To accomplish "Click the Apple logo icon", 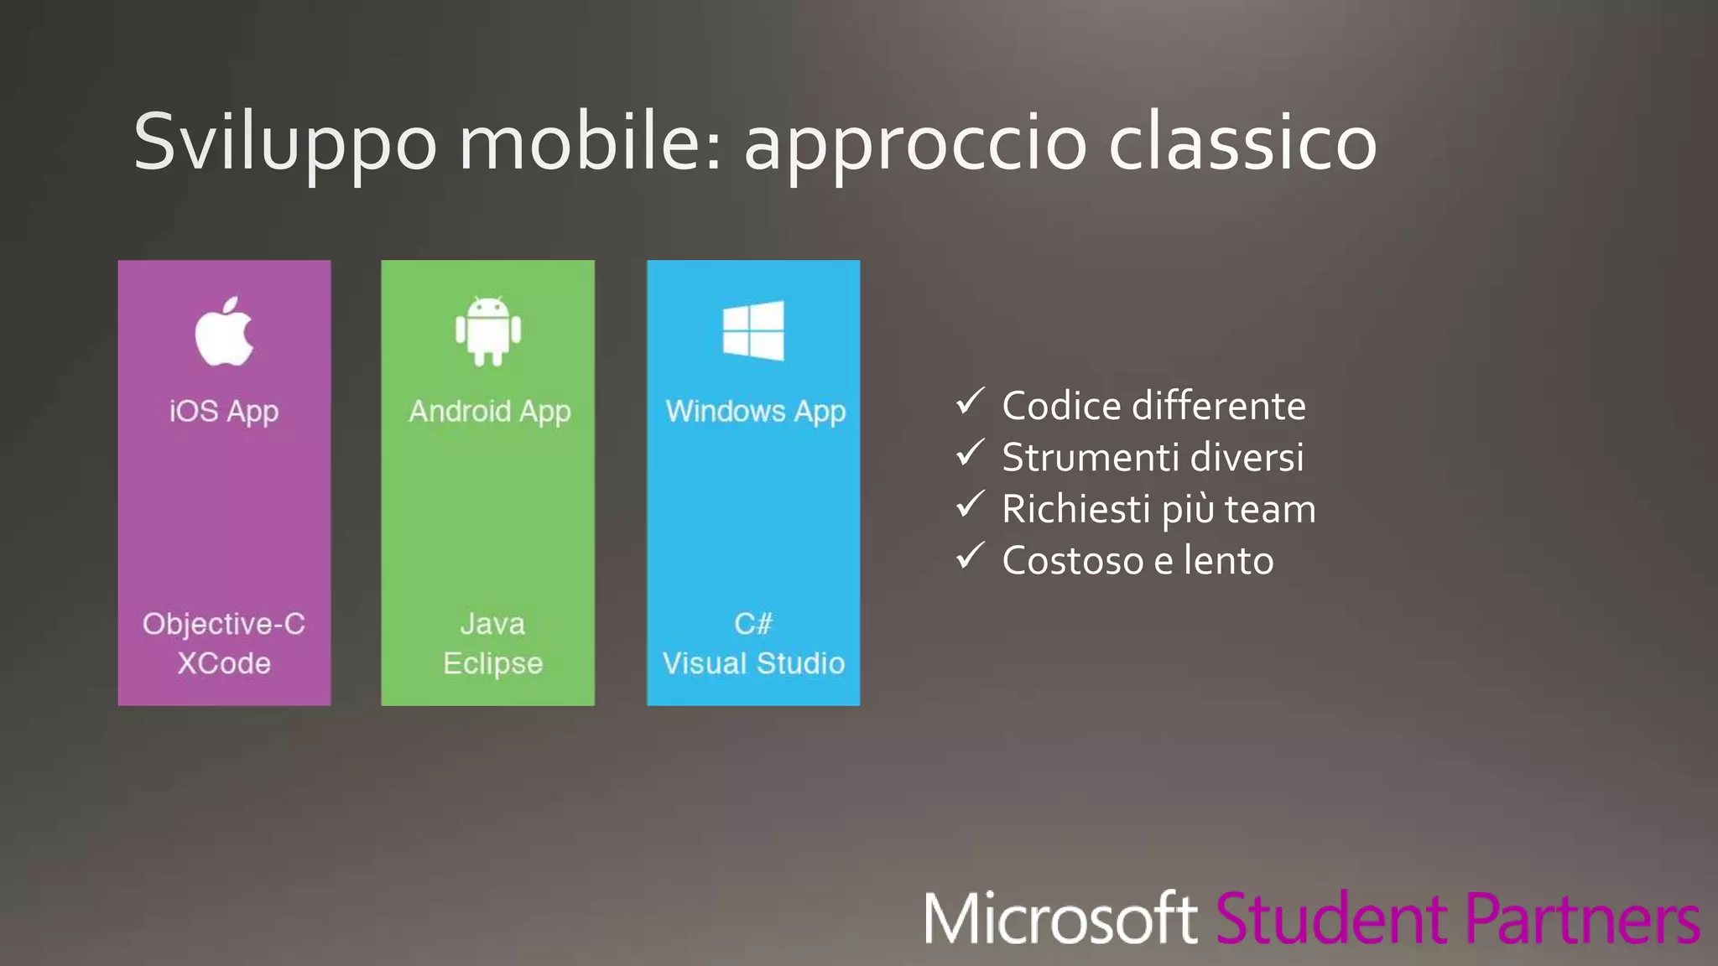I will pyautogui.click(x=224, y=332).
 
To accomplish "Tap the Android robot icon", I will pyautogui.click(x=488, y=331).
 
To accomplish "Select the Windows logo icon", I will pyautogui.click(x=753, y=330).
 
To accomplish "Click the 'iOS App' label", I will pyautogui.click(x=224, y=411).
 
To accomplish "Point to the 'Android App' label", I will pyautogui.click(x=490, y=411).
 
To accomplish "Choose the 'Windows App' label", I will pyautogui.click(x=755, y=411).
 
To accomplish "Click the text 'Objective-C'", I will pyautogui.click(x=224, y=624).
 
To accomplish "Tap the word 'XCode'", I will pyautogui.click(x=224, y=663).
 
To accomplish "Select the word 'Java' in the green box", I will pyautogui.click(x=492, y=624).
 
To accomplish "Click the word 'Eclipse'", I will pyautogui.click(x=492, y=663).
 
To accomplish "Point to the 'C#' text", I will pyautogui.click(x=753, y=624).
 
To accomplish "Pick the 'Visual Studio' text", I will pyautogui.click(x=753, y=663).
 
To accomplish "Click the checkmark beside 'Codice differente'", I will pyautogui.click(x=970, y=402).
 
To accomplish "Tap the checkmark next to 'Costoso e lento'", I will pyautogui.click(x=970, y=556).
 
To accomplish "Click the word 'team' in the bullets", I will pyautogui.click(x=1270, y=510).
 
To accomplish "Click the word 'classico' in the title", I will pyautogui.click(x=1242, y=143).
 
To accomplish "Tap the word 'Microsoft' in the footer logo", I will pyautogui.click(x=1060, y=920).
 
